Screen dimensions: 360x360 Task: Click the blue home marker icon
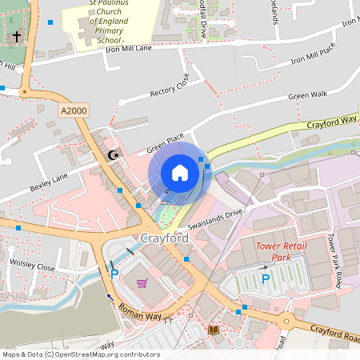coord(180,173)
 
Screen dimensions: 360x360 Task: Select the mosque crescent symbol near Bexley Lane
coord(114,154)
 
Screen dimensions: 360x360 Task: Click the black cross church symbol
coord(17,37)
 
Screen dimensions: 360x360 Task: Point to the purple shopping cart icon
coord(142,282)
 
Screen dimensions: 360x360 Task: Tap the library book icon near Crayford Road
coord(212,329)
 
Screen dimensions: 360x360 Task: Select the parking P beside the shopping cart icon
coord(114,274)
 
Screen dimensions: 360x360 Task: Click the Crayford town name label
coord(164,239)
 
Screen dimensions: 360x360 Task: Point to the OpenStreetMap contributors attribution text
coord(81,354)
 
